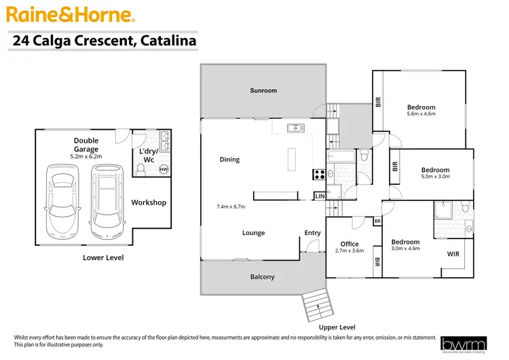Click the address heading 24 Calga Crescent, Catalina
105,41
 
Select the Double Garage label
86,145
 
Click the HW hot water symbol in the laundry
164,170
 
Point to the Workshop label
149,202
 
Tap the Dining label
229,160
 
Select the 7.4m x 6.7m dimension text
230,206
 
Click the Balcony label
263,276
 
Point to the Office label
350,244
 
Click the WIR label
453,254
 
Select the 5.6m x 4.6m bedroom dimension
421,114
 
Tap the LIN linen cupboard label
320,196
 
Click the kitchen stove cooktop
318,173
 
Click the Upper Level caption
338,327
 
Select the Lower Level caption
103,257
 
